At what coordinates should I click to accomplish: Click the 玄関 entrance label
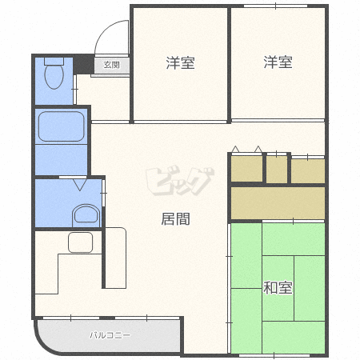point(111,65)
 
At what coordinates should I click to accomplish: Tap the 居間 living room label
point(176,219)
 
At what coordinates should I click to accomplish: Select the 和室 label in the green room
point(278,288)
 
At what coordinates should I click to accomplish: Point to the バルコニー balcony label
point(110,335)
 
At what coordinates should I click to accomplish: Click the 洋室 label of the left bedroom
point(181,63)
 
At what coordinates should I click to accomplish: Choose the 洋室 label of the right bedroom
point(278,62)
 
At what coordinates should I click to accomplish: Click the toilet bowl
point(54,77)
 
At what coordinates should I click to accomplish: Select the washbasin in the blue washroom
point(86,215)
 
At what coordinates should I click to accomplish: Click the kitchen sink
point(81,242)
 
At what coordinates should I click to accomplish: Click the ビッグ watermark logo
point(180,182)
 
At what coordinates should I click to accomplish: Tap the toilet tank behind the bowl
point(54,62)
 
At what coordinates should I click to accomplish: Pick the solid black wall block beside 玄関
point(84,64)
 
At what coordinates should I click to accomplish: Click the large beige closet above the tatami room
point(278,203)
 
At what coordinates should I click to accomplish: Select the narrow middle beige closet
point(277,169)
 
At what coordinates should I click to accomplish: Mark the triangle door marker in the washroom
point(80,185)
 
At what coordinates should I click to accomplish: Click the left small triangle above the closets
point(235,150)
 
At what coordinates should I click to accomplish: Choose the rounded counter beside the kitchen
point(116,258)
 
